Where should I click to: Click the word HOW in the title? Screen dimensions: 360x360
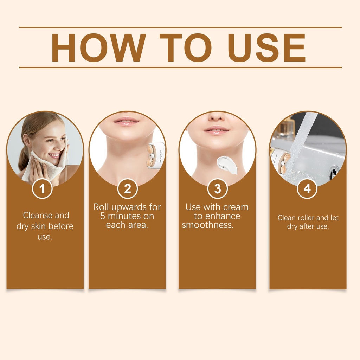pyautogui.click(x=99, y=48)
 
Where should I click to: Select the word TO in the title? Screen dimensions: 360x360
pyautogui.click(x=186, y=48)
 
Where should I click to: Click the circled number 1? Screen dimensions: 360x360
pyautogui.click(x=42, y=189)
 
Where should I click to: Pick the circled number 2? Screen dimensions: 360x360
pyautogui.click(x=127, y=189)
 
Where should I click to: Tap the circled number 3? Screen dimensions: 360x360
pyautogui.click(x=217, y=189)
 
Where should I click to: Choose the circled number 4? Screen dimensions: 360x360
pyautogui.click(x=307, y=189)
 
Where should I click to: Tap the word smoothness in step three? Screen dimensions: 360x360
pyautogui.click(x=207, y=225)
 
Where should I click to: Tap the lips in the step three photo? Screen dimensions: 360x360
pyautogui.click(x=217, y=130)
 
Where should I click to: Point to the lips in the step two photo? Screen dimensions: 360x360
pyautogui.click(x=127, y=121)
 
